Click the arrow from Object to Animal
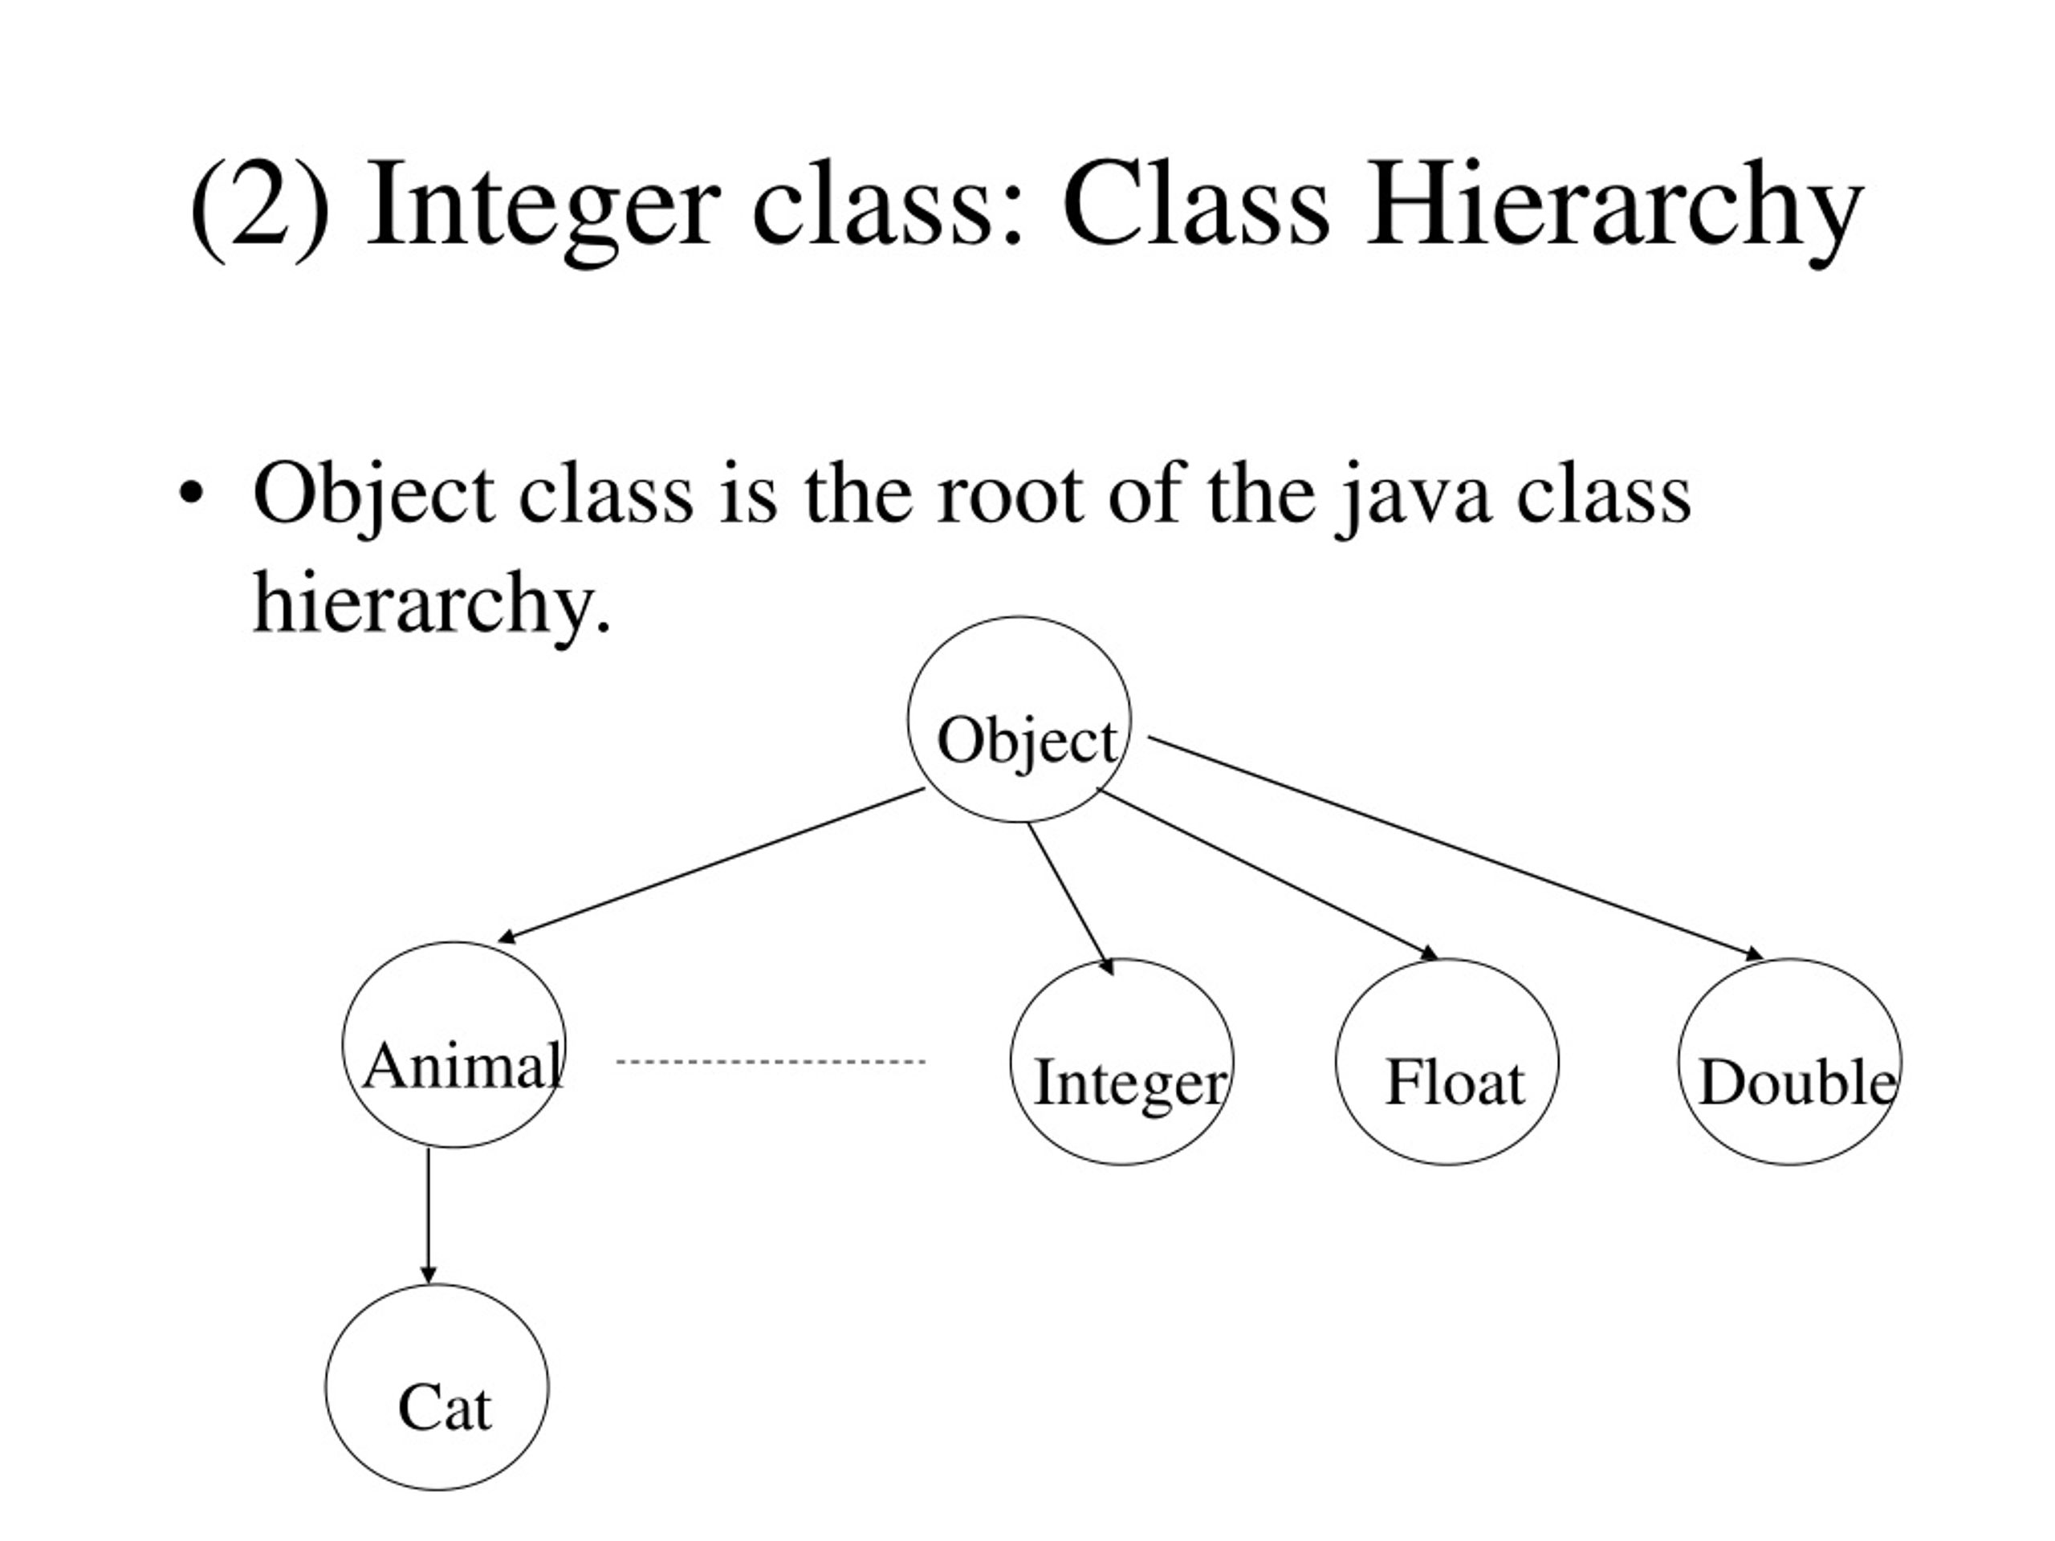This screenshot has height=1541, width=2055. pyautogui.click(x=712, y=866)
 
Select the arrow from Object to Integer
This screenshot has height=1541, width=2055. pyautogui.click(x=1070, y=899)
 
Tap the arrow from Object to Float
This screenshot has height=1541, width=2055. pyautogui.click(x=1268, y=873)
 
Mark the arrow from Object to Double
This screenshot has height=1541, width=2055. pyautogui.click(x=1456, y=848)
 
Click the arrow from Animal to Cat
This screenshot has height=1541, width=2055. pyautogui.click(x=429, y=1216)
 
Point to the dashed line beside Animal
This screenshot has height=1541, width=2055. pyautogui.click(x=771, y=1062)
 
